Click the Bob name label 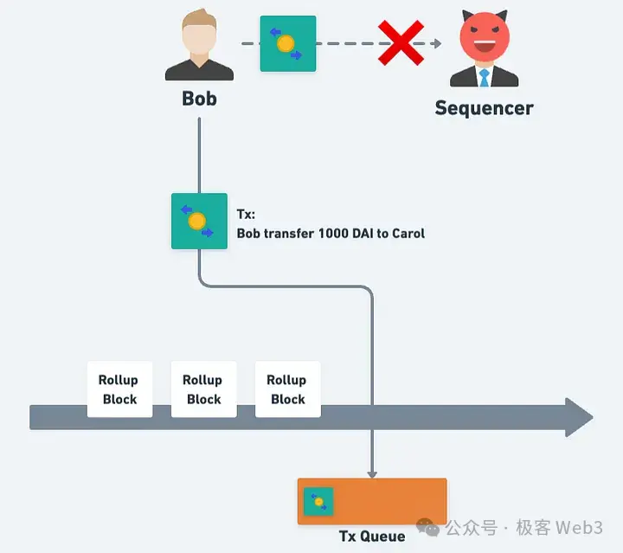click(199, 98)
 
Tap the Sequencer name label click(484, 108)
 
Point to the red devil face click(485, 38)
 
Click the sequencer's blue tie click(485, 77)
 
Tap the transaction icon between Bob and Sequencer click(288, 43)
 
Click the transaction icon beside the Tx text click(199, 221)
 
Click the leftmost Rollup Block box click(119, 389)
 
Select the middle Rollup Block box click(203, 389)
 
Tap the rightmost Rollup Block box click(287, 389)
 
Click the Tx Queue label click(372, 536)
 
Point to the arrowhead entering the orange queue click(372, 473)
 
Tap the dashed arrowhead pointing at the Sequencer click(437, 43)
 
